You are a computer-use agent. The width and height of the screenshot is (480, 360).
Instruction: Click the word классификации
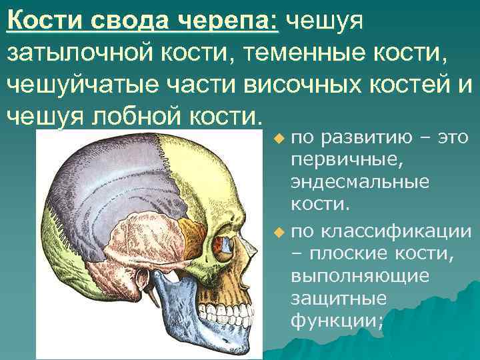397,233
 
